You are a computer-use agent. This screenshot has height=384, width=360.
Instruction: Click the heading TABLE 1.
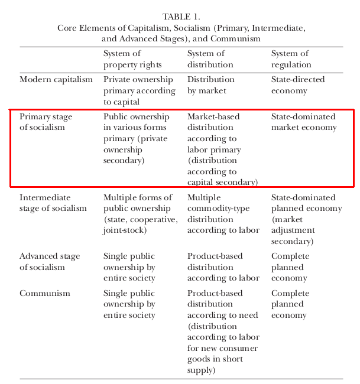pyautogui.click(x=181, y=17)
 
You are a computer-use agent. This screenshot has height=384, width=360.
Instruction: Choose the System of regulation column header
pyautogui.click(x=291, y=59)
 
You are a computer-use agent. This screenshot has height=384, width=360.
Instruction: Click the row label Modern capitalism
pyautogui.click(x=56, y=80)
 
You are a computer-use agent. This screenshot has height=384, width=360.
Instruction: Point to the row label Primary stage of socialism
pyautogui.click(x=43, y=122)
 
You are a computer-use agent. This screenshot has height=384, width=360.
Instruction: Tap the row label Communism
pyautogui.click(x=45, y=294)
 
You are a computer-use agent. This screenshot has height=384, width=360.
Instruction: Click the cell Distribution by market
pyautogui.click(x=211, y=85)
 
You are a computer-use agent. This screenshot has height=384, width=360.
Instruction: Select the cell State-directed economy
pyautogui.click(x=298, y=85)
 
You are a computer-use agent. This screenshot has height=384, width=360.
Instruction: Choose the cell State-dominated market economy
pyautogui.click(x=304, y=122)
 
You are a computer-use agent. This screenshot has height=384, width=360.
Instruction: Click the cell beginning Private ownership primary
pyautogui.click(x=139, y=90)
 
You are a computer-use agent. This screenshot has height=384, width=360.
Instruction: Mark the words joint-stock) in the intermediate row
pyautogui.click(x=125, y=230)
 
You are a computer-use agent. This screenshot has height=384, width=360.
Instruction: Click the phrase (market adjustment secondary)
pyautogui.click(x=293, y=230)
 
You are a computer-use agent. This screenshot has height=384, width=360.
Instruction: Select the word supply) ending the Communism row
pyautogui.click(x=202, y=370)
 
